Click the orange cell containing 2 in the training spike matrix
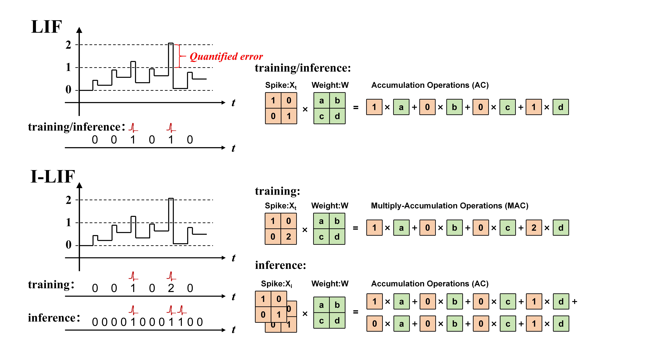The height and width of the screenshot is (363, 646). (x=288, y=236)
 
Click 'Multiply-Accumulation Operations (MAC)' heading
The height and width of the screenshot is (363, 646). (x=449, y=206)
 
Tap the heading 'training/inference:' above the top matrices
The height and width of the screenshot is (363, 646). (x=303, y=68)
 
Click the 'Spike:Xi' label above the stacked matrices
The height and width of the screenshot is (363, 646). (x=276, y=284)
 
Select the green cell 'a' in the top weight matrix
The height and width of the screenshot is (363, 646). (x=321, y=100)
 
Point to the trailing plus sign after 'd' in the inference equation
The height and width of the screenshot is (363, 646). (x=575, y=301)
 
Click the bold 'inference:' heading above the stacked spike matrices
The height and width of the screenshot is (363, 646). (x=280, y=265)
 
